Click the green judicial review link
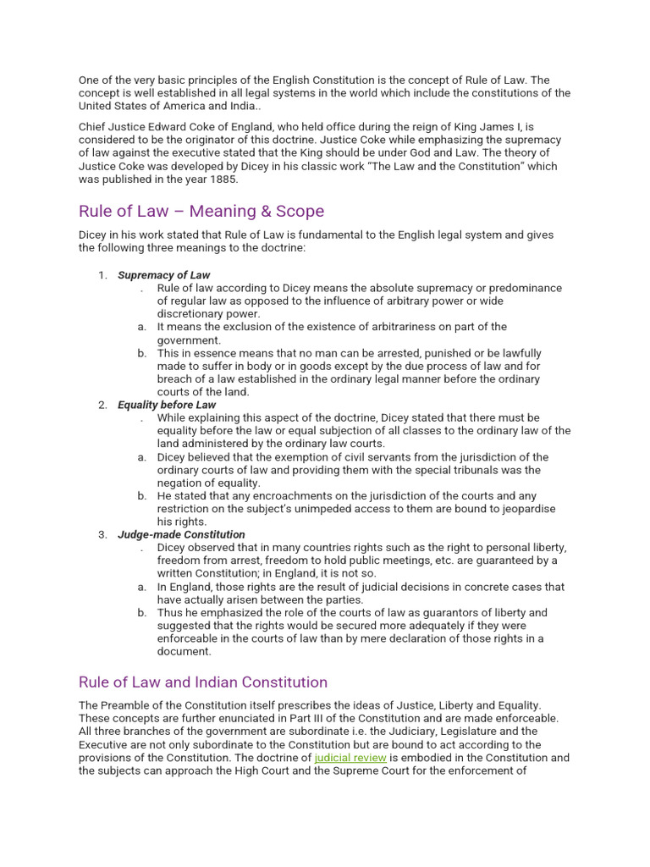click(x=350, y=758)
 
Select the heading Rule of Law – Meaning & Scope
click(x=201, y=211)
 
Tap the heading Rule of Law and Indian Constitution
click(x=202, y=682)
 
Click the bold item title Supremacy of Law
click(x=163, y=275)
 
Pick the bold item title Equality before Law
click(x=167, y=405)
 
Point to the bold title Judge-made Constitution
click(x=181, y=535)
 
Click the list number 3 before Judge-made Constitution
click(x=102, y=535)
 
